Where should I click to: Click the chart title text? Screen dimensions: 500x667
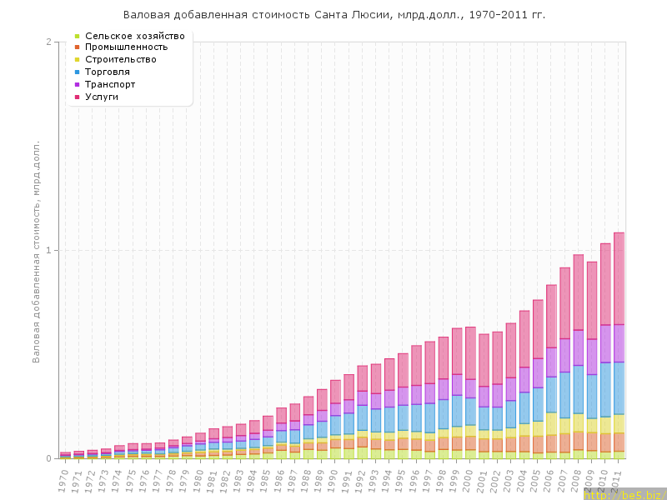(334, 15)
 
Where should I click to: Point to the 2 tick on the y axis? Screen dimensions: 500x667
(48, 42)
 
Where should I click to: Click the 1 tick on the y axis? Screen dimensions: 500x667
(48, 250)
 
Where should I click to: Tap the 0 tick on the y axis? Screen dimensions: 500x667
(48, 458)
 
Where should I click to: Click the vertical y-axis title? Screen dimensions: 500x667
(37, 250)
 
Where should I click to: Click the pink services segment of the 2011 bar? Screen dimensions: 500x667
(619, 278)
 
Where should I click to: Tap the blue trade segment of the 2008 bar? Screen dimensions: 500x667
(578, 389)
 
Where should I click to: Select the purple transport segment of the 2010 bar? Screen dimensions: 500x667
(605, 343)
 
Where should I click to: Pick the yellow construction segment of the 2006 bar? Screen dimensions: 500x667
(551, 423)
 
